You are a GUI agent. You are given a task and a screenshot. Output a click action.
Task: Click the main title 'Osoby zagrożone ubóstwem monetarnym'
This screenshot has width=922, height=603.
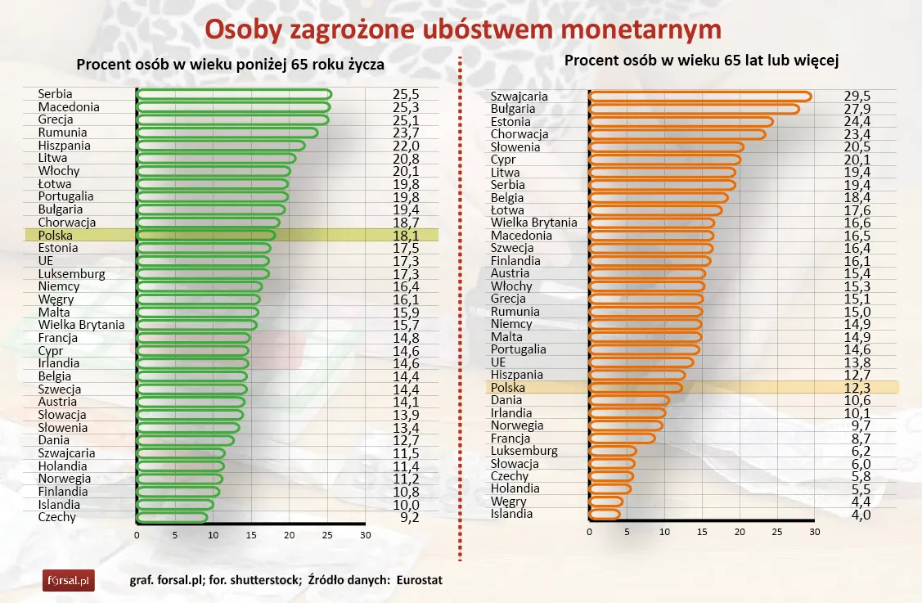(462, 29)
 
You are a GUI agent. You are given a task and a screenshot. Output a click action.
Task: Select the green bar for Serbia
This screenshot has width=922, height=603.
(233, 94)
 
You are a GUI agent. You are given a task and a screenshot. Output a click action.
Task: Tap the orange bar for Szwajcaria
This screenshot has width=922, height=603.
(699, 97)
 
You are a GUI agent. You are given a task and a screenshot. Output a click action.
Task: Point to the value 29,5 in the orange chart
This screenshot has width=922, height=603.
(857, 97)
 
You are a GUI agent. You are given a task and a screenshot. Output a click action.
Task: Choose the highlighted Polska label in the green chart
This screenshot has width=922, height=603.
(56, 235)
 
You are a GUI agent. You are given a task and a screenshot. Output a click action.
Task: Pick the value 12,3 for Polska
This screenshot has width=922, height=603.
(857, 388)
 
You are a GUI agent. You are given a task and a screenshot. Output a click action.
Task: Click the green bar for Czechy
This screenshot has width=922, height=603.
(172, 517)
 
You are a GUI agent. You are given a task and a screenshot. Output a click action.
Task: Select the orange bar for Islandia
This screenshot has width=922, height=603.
(605, 514)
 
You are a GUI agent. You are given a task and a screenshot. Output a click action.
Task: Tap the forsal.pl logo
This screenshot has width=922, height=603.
(69, 581)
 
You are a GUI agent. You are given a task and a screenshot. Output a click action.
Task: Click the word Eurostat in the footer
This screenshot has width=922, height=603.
(419, 580)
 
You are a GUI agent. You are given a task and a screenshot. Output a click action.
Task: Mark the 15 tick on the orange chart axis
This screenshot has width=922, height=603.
(702, 532)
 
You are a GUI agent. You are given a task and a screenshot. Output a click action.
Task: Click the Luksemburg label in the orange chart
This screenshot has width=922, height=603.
(524, 451)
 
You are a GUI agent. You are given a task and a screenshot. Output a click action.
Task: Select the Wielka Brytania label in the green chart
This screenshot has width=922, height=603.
(81, 325)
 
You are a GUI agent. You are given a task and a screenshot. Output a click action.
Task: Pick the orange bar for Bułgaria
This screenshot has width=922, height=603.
(694, 109)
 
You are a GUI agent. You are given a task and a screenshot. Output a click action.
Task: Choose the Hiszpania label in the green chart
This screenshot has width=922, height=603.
(64, 146)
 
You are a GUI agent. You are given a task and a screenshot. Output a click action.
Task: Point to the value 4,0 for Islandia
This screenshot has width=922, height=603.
(857, 515)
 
